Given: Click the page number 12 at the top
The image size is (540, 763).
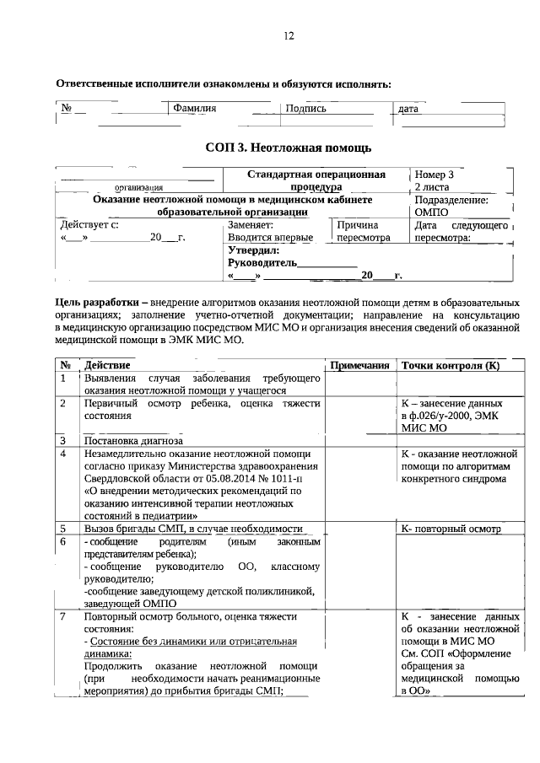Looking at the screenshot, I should coord(289,35).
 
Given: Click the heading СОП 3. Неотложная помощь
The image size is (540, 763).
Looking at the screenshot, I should coord(289,148).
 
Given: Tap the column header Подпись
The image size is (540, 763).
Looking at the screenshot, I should coord(306,109).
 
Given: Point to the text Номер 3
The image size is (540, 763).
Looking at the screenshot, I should coord(435,175).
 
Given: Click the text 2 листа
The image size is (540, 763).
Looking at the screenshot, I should coord(433,187).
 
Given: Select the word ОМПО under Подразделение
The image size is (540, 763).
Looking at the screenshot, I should coord(431,213).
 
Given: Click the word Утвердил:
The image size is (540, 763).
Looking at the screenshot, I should coord(253,250).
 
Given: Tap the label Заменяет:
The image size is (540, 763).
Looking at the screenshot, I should coord(251,226).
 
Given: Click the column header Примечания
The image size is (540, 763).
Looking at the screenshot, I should coord(359,366).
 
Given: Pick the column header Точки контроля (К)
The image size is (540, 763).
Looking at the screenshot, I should coord(451,366).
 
